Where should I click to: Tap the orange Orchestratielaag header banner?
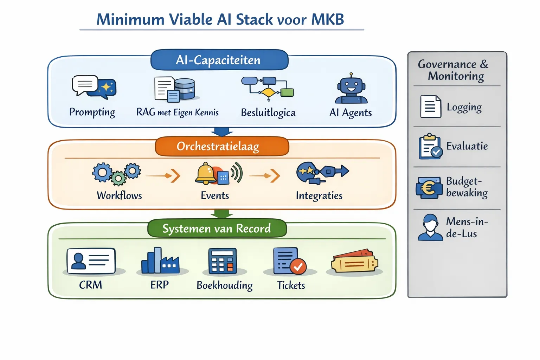pos(221,146)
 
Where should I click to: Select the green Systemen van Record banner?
pos(217,229)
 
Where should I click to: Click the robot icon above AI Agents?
pos(351,89)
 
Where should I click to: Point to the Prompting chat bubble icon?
pos(94,86)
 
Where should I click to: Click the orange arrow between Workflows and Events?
pos(163,175)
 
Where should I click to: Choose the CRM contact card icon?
pos(91,261)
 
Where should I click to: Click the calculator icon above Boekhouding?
pos(223,261)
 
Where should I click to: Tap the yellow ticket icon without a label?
pos(354,262)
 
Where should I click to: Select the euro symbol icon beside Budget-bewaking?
pos(429,188)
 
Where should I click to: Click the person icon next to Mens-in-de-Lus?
pos(430,227)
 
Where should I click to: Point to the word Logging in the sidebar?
pos(464,107)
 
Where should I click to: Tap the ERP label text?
pos(160,284)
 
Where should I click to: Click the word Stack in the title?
pos(254,19)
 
